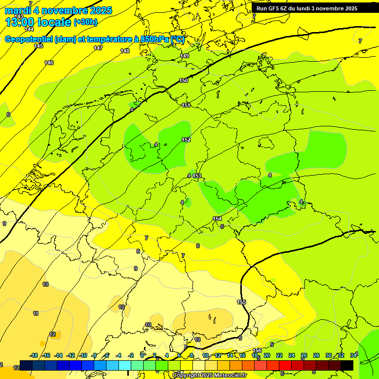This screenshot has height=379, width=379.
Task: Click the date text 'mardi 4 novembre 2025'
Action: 58,10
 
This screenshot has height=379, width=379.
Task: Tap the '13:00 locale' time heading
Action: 38,22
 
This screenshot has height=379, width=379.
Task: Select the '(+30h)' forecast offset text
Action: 85,22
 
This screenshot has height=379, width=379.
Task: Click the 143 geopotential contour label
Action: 19,16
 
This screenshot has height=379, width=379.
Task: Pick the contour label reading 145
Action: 38,46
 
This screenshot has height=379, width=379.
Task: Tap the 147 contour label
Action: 98,48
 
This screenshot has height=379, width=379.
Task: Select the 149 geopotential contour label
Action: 185,56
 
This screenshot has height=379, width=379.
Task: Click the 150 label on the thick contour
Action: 184,80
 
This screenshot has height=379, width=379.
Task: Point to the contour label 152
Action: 186,140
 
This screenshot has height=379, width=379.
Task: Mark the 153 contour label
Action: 197,176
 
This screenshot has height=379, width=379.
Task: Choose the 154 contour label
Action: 217,219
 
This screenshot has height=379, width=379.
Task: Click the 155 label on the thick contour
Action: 241,302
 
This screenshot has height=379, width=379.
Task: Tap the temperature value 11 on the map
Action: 36,313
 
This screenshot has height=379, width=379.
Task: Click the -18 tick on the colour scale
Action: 34,355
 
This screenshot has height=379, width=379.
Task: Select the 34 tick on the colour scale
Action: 353,355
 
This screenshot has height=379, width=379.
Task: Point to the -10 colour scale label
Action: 83,355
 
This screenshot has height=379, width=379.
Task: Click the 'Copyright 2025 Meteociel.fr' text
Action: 209,375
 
